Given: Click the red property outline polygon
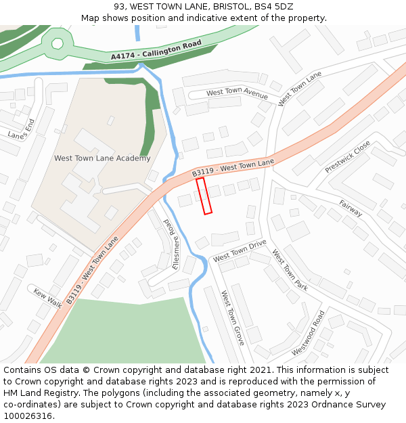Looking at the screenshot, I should point(204,196).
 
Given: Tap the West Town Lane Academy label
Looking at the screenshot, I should point(102,158).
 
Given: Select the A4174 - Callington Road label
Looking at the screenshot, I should point(156,51).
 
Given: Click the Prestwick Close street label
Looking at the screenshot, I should point(348,156).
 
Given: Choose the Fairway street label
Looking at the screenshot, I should point(351,208).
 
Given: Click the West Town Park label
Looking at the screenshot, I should point(290,270).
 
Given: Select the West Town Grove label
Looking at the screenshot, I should point(232,318).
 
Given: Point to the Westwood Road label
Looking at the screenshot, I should point(308,333).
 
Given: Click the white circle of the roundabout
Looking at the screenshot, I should point(58,43).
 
